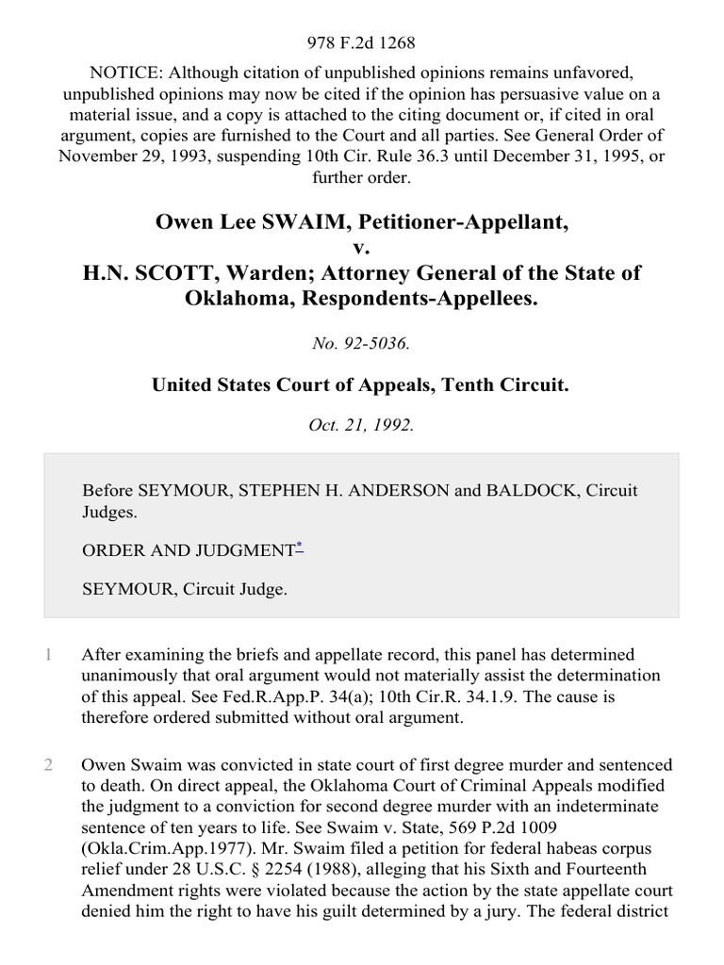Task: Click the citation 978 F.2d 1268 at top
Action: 362,42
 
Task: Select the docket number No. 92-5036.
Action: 362,344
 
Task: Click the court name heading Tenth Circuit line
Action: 362,384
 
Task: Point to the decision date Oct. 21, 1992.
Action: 362,424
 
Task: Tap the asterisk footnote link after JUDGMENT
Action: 299,546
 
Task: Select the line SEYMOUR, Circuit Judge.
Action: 185,589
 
